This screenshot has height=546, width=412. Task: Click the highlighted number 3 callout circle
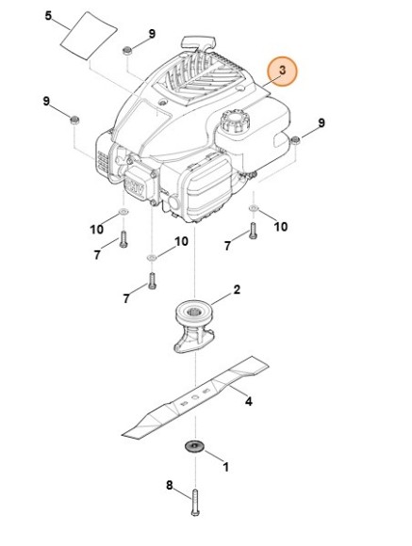coord(281,72)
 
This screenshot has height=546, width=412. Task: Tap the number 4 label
coord(249,402)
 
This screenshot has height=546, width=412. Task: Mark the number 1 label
coord(224,466)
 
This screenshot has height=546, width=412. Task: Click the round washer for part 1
coord(195,444)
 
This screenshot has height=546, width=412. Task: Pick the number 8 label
coord(170,486)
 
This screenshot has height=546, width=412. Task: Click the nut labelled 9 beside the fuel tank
coord(294,141)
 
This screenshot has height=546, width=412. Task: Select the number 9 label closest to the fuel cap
coord(321,123)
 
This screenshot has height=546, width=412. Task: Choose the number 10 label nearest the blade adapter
coord(181,242)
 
